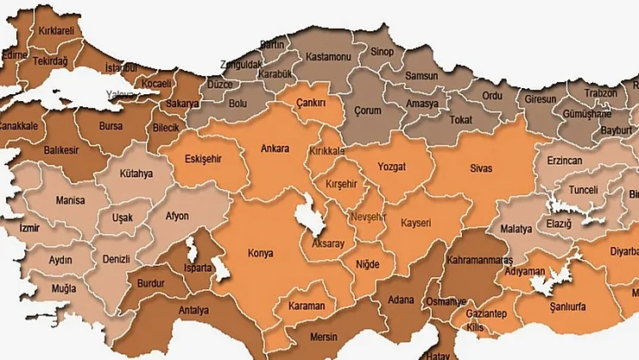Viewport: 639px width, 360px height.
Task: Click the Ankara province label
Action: pos(275,148)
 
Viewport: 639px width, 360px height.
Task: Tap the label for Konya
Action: pos(260,254)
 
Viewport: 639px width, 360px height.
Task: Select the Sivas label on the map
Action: pos(481,167)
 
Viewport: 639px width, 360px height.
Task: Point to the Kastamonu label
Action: pos(329,57)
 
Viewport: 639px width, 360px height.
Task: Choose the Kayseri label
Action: pos(421,222)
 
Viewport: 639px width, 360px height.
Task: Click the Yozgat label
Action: pos(396,167)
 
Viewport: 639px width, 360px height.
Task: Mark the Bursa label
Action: pos(111,125)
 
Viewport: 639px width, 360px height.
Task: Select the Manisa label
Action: pos(70,199)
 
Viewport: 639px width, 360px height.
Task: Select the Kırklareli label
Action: pos(57,30)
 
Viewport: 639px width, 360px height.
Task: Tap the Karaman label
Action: pos(307,306)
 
